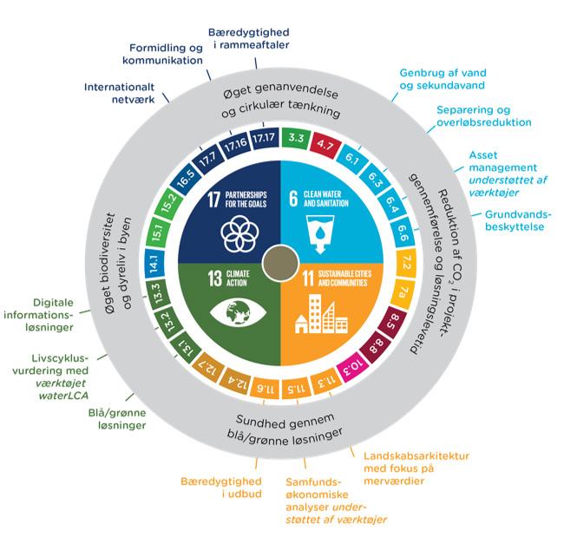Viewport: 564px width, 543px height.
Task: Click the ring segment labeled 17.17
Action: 266,137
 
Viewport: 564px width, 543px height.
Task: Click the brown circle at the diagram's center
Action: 279,261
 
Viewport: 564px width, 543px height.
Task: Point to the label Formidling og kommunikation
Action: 166,54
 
